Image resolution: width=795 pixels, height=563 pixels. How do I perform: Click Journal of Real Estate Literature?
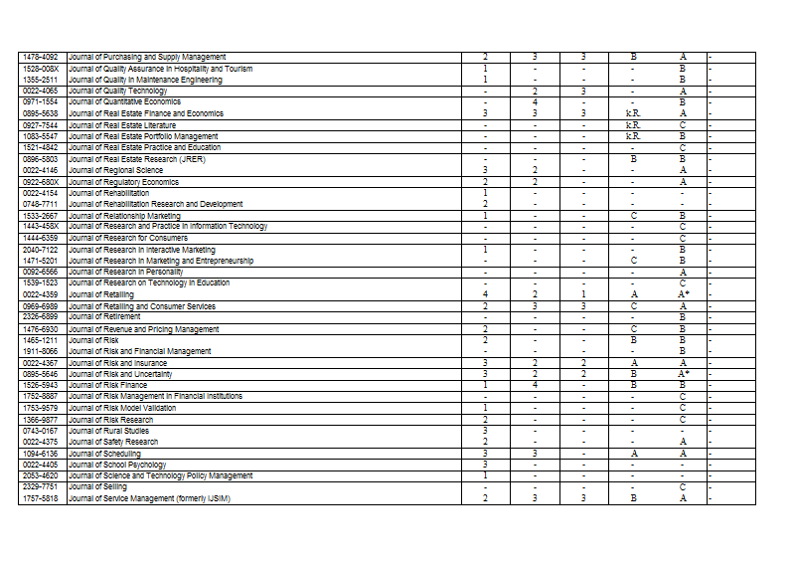[122, 125]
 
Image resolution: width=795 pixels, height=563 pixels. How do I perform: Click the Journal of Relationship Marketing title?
[125, 216]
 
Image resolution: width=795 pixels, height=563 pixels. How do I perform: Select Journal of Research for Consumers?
[128, 238]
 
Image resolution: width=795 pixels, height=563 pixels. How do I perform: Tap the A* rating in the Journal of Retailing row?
[683, 294]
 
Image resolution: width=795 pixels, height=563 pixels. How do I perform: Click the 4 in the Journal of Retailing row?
[484, 294]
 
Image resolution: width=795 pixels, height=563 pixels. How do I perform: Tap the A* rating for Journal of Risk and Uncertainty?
[683, 374]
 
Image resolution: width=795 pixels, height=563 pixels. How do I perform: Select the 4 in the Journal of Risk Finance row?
[535, 385]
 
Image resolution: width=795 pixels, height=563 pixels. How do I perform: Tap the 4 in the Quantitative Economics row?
[535, 101]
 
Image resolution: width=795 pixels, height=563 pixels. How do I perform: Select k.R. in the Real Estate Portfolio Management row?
[633, 136]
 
